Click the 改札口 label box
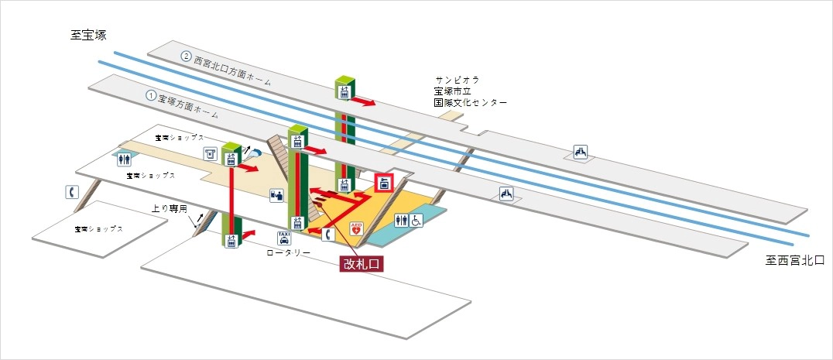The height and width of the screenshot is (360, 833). [362, 263]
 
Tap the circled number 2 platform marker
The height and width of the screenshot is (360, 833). [186, 56]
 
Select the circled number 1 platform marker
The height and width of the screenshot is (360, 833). [151, 96]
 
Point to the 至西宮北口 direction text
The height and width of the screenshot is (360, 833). [794, 261]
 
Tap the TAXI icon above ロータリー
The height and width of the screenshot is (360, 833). [283, 238]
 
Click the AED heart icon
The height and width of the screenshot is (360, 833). [357, 228]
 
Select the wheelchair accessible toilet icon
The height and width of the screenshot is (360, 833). [416, 221]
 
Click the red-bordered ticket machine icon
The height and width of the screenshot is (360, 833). [384, 183]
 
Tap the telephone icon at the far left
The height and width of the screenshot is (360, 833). [70, 192]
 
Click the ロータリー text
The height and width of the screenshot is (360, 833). [288, 252]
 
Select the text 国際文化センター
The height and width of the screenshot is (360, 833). [470, 102]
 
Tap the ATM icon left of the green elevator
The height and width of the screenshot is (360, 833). [209, 153]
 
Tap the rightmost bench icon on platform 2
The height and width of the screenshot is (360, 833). [581, 153]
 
